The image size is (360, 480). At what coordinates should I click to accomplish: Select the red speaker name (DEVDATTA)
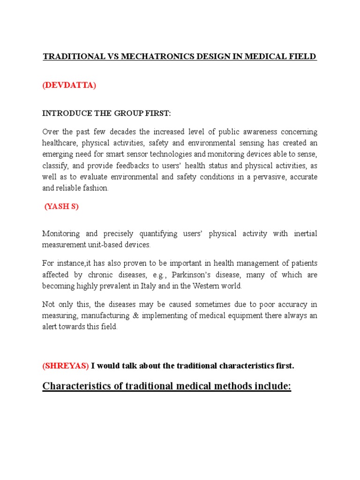(69, 86)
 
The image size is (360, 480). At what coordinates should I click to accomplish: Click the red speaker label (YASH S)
(61, 207)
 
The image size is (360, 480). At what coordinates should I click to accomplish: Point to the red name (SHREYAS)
(65, 366)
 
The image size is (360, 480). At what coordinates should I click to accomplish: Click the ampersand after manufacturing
(144, 315)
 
